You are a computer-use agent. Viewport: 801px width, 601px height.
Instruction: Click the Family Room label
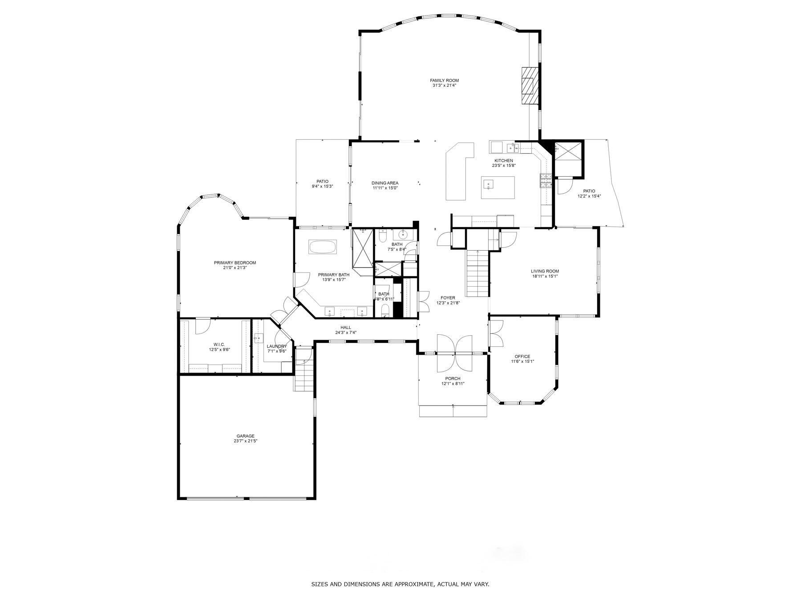(444, 81)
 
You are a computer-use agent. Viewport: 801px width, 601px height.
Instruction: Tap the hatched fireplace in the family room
(529, 85)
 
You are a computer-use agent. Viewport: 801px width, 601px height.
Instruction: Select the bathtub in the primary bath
(323, 247)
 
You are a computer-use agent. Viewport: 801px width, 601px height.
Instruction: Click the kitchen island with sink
(498, 187)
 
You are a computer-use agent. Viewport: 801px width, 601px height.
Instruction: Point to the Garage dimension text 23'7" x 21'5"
(246, 441)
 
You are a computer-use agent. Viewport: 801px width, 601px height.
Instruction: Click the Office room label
(522, 357)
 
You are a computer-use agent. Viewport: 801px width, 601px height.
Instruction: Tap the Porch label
(453, 379)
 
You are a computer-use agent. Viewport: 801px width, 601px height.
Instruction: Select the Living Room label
(545, 271)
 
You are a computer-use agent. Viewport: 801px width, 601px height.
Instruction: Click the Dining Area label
(385, 183)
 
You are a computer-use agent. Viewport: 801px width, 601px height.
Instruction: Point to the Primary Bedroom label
(235, 263)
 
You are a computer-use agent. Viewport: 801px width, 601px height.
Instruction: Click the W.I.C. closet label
(219, 345)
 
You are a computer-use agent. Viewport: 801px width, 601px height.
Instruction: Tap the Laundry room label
(277, 346)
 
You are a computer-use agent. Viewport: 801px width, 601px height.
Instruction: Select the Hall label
(346, 328)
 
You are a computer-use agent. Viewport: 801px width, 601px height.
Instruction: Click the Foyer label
(448, 298)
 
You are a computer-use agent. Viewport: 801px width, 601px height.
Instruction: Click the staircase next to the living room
(477, 274)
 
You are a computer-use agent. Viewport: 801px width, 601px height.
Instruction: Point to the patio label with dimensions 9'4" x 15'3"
(322, 181)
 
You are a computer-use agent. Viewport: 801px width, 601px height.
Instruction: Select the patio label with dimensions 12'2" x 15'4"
(589, 191)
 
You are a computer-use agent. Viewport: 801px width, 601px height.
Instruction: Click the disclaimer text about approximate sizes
(400, 584)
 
